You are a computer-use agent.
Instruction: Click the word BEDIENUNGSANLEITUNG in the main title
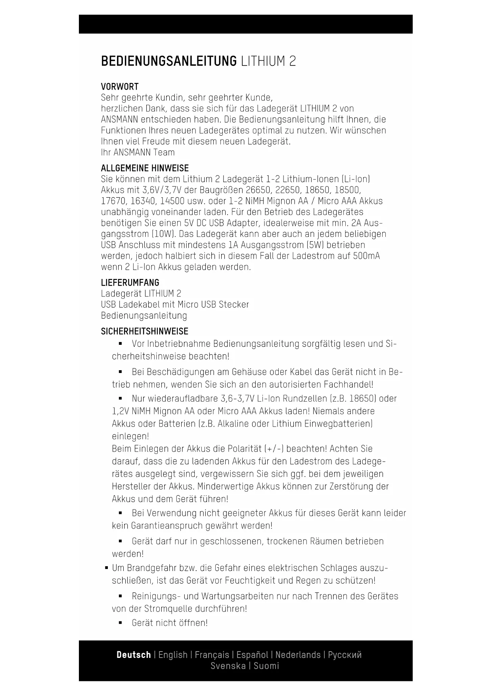click(168, 62)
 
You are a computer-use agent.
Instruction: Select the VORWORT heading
click(120, 87)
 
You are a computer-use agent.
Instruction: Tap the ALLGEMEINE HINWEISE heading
click(145, 168)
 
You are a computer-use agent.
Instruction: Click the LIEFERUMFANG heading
click(130, 283)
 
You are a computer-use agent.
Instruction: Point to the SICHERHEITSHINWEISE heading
click(144, 331)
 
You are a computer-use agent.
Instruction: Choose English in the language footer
click(173, 655)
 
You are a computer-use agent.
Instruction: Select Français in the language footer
click(212, 655)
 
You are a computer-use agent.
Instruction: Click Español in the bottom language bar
click(252, 655)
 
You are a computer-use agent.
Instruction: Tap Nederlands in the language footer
click(298, 655)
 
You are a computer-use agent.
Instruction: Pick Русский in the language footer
click(345, 655)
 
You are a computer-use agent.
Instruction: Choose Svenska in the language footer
click(228, 666)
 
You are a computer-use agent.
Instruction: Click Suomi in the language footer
click(266, 666)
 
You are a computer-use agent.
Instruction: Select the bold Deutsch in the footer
click(134, 655)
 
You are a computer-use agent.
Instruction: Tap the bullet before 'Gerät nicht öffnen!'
click(120, 623)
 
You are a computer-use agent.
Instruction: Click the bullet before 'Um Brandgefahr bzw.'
click(106, 568)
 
